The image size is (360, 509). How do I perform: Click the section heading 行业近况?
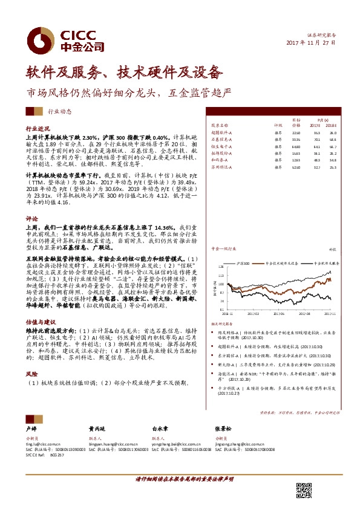pyautogui.click(x=37, y=129)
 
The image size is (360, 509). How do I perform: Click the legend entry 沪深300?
pyautogui.click(x=244, y=263)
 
